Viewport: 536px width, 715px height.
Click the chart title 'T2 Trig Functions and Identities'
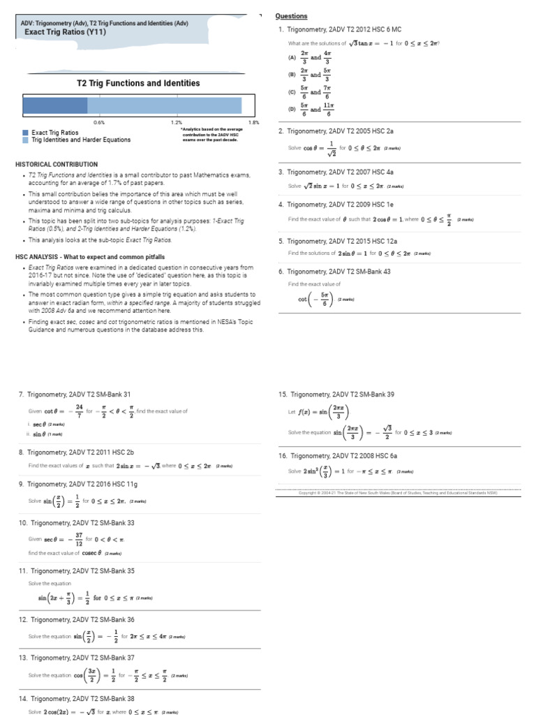click(138, 83)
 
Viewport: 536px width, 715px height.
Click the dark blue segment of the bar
click(55, 105)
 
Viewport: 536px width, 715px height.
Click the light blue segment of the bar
click(164, 105)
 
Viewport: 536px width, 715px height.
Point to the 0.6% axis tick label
click(99, 122)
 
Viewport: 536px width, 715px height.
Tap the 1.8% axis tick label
click(254, 122)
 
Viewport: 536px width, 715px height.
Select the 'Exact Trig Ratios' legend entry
click(54, 132)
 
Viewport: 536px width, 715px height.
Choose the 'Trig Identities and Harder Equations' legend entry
click(80, 140)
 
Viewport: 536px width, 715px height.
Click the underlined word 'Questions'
click(291, 16)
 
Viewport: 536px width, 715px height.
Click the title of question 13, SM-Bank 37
click(82, 657)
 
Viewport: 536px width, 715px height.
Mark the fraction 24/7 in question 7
click(80, 411)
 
